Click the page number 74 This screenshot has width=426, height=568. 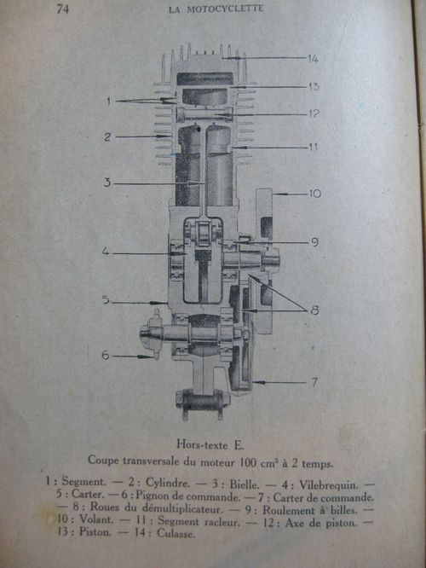62,9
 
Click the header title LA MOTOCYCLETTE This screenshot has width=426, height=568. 216,9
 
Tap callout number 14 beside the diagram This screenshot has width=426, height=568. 314,58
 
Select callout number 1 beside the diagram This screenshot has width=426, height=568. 108,101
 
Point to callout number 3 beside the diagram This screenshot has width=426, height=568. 107,183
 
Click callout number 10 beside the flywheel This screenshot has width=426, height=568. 315,194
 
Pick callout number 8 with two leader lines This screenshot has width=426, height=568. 315,310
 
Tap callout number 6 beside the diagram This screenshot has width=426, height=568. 106,355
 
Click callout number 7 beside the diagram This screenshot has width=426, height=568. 314,382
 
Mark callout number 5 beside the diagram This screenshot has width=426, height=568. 106,299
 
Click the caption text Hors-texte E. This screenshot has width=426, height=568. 210,444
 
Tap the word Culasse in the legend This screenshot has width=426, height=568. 176,533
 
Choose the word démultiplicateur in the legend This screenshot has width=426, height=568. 182,507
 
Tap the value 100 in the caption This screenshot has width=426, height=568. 247,463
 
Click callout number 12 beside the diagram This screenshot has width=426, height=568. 314,113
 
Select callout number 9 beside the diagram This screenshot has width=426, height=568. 315,242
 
